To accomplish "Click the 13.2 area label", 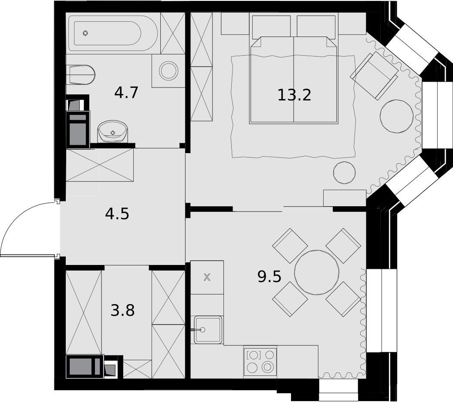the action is (x=294, y=95).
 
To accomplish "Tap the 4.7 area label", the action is (x=126, y=93).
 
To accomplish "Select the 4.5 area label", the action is (x=117, y=214).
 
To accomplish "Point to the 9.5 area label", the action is (x=269, y=277).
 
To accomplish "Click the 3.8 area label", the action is (x=123, y=311).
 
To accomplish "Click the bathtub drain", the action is (x=85, y=33).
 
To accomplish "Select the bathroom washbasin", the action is (x=113, y=131).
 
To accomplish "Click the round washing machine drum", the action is (x=169, y=71).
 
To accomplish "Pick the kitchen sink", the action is (x=208, y=330).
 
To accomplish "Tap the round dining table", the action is (x=317, y=272).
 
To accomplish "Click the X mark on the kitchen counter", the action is (x=207, y=278).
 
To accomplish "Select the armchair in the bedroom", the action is (x=375, y=76).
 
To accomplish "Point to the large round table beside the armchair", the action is (x=398, y=116).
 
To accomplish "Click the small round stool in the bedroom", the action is (x=345, y=173).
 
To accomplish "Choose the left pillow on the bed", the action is (x=271, y=27).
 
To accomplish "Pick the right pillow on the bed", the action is (x=316, y=27).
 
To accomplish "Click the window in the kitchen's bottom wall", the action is (x=338, y=390).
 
